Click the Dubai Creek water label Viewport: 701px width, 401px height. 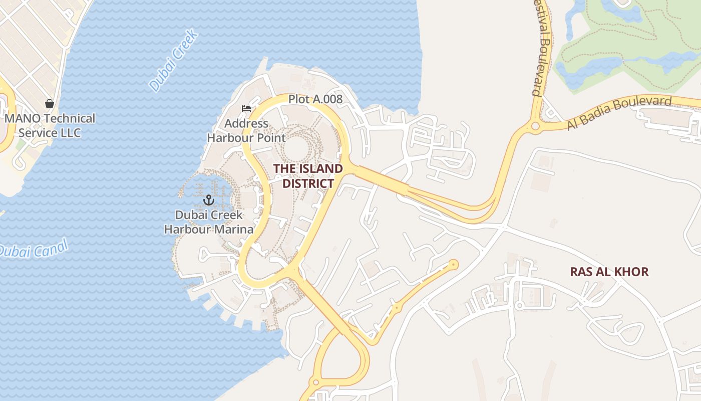pyautogui.click(x=174, y=61)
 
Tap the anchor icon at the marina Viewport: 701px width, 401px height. pyautogui.click(x=208, y=200)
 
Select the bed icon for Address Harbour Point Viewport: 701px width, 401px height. pyautogui.click(x=246, y=108)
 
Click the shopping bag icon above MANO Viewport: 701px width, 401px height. pyautogui.click(x=50, y=104)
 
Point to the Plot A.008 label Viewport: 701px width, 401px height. pyautogui.click(x=315, y=99)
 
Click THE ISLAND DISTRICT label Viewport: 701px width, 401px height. pyautogui.click(x=308, y=176)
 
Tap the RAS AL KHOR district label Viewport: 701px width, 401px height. pyautogui.click(x=609, y=272)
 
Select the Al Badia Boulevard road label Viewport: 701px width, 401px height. pyautogui.click(x=619, y=113)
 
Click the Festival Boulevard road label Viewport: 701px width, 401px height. pyautogui.click(x=542, y=48)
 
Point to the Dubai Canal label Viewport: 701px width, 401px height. pyautogui.click(x=33, y=249)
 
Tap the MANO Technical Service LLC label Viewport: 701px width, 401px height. pyautogui.click(x=50, y=126)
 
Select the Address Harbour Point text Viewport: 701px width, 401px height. pyautogui.click(x=246, y=130)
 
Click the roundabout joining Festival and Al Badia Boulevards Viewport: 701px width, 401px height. pyautogui.click(x=535, y=126)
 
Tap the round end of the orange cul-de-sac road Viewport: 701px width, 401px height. pyautogui.click(x=454, y=264)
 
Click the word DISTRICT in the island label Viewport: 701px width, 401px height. pyautogui.click(x=308, y=183)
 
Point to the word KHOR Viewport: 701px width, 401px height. pyautogui.click(x=631, y=272)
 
